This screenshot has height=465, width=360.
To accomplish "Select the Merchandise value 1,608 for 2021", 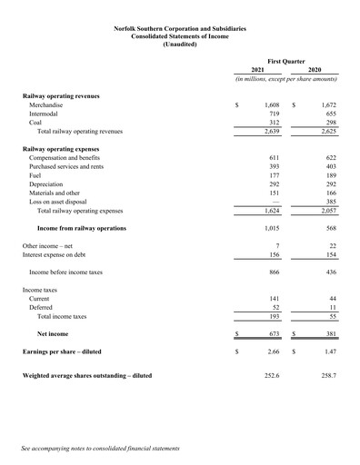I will (270, 105).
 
